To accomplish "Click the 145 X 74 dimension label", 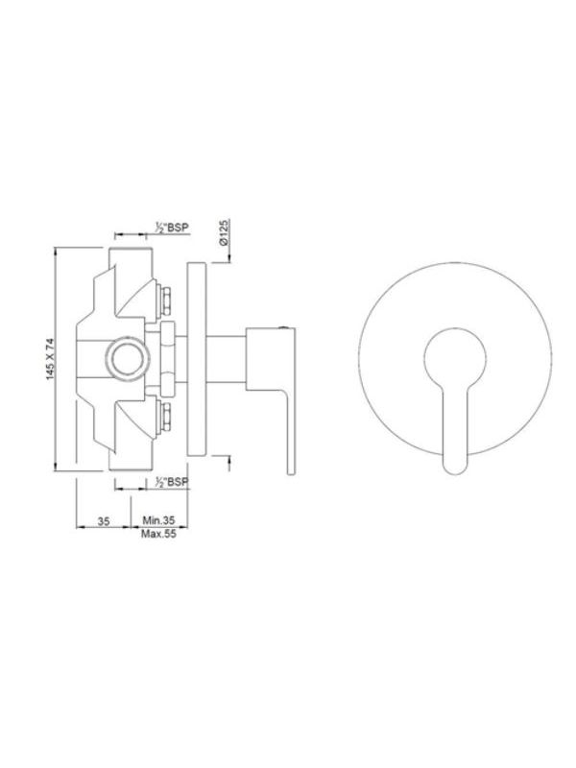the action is (50, 358).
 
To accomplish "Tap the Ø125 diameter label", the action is (224, 232).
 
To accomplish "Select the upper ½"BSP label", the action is (172, 228).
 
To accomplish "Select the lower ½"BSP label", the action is (171, 482).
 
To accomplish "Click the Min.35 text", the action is (158, 519).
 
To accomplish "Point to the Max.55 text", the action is (158, 534).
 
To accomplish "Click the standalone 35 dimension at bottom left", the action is (104, 520).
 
